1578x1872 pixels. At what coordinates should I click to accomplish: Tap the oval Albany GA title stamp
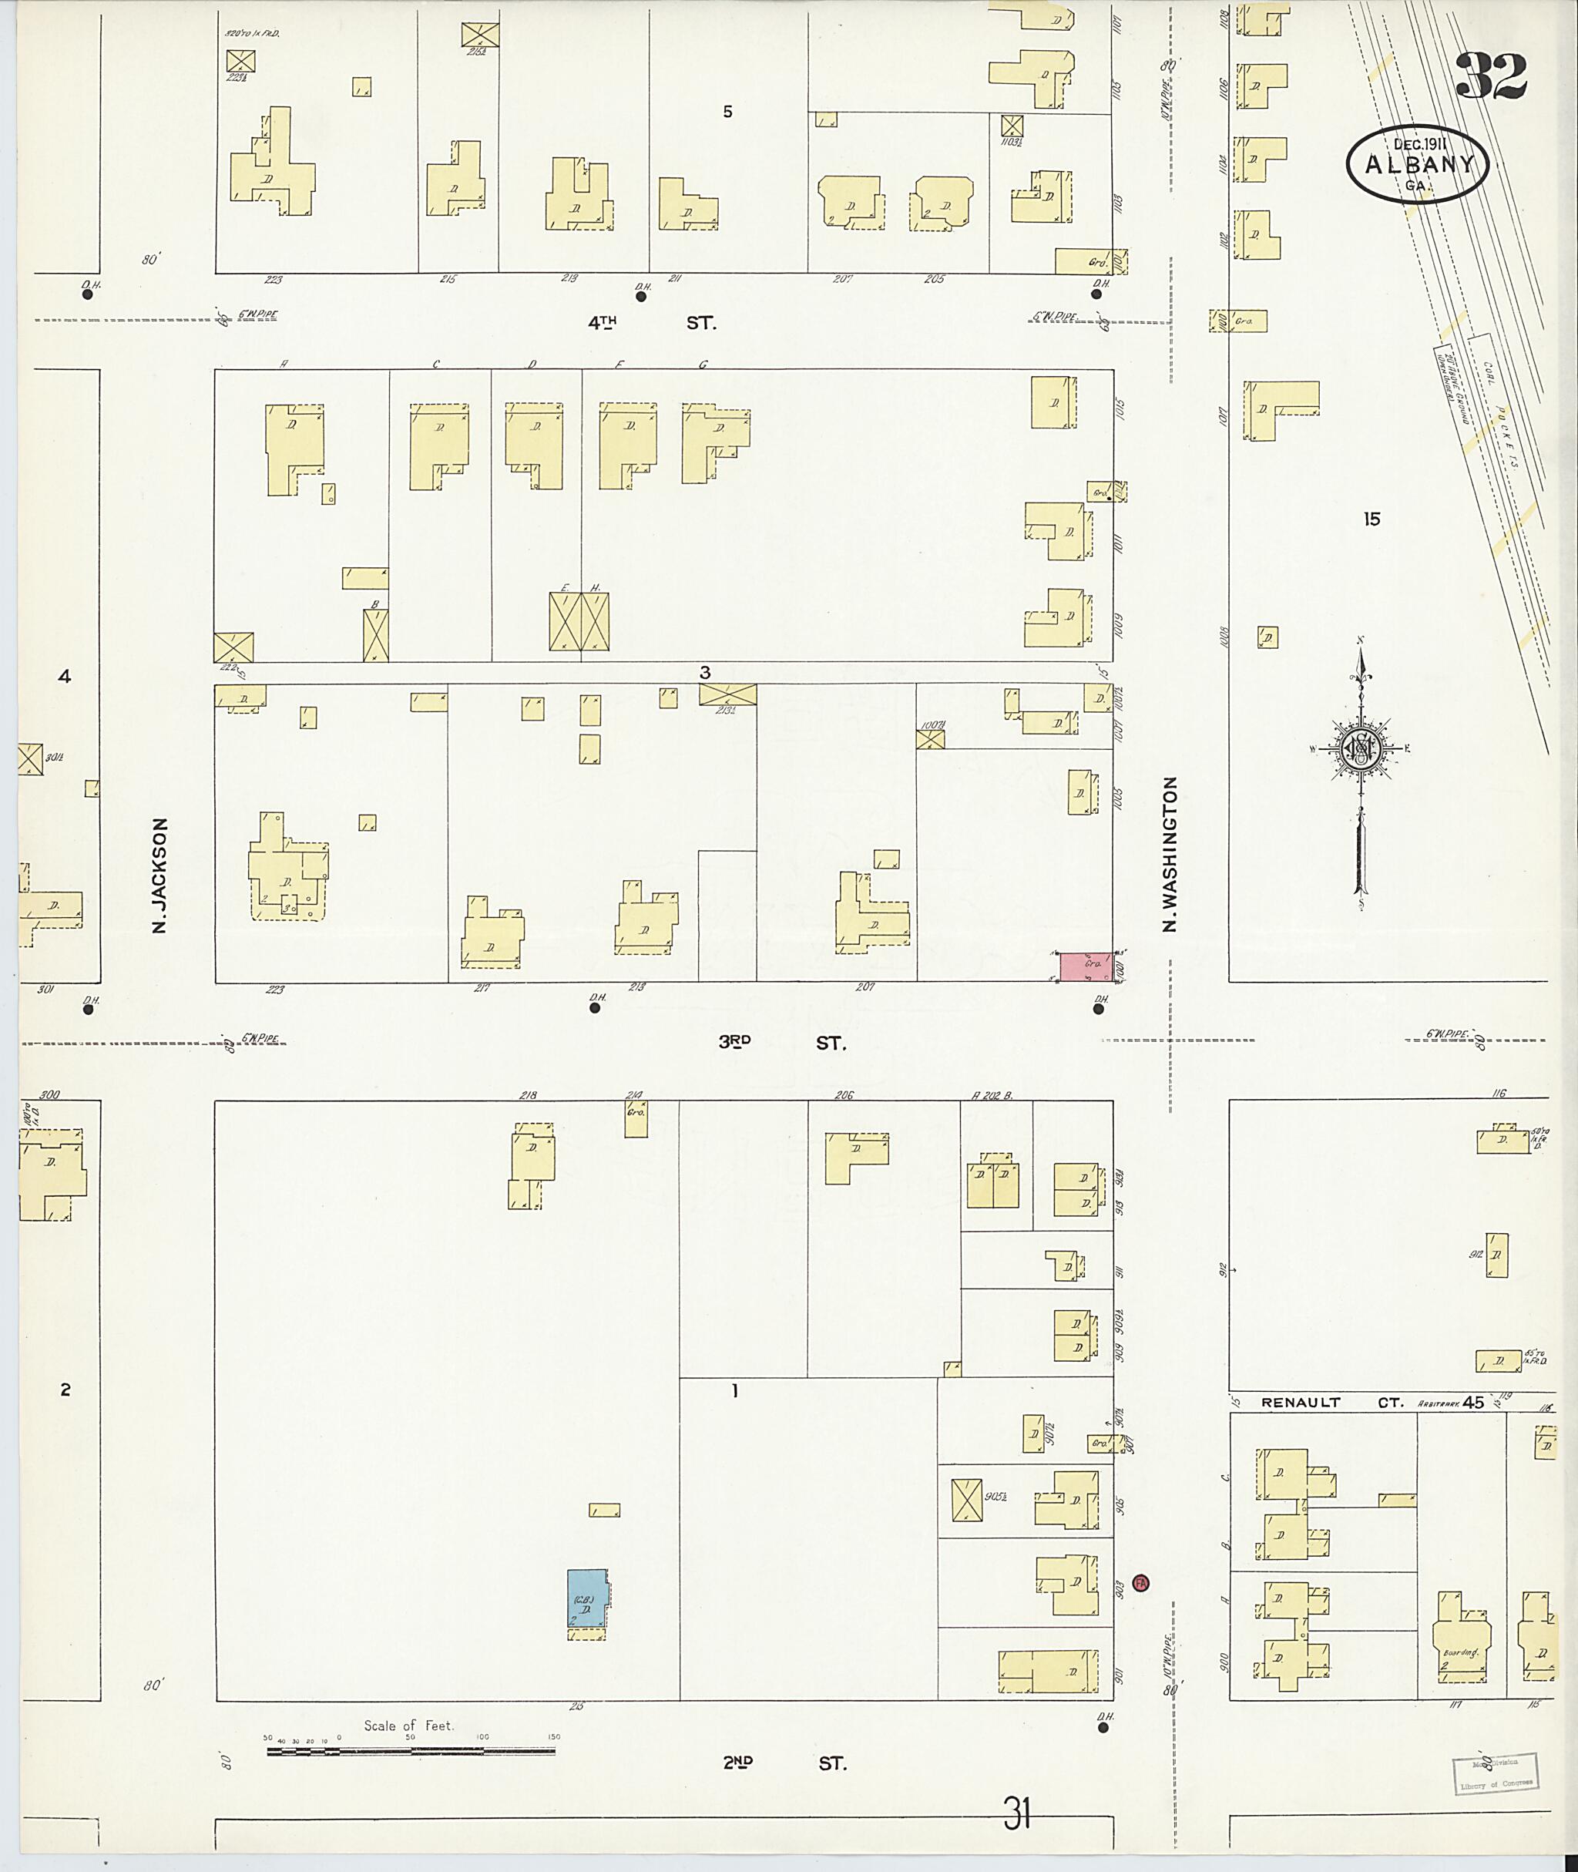click(x=1416, y=163)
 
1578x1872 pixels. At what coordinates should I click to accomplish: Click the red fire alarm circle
click(x=1140, y=1583)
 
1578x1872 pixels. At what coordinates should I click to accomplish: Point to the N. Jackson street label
click(x=160, y=876)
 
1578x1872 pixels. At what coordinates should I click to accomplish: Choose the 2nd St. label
click(x=784, y=1763)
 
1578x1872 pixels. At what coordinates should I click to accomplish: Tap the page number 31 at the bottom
click(x=1017, y=1816)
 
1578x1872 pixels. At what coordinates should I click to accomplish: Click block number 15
click(x=1372, y=518)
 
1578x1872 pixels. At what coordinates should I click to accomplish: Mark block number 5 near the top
click(x=727, y=112)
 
